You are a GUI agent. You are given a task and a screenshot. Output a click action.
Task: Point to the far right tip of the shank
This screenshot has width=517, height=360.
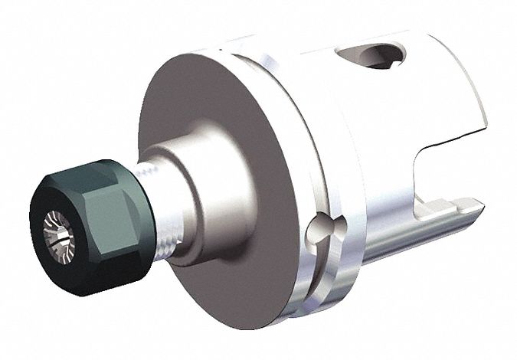point(479,205)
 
